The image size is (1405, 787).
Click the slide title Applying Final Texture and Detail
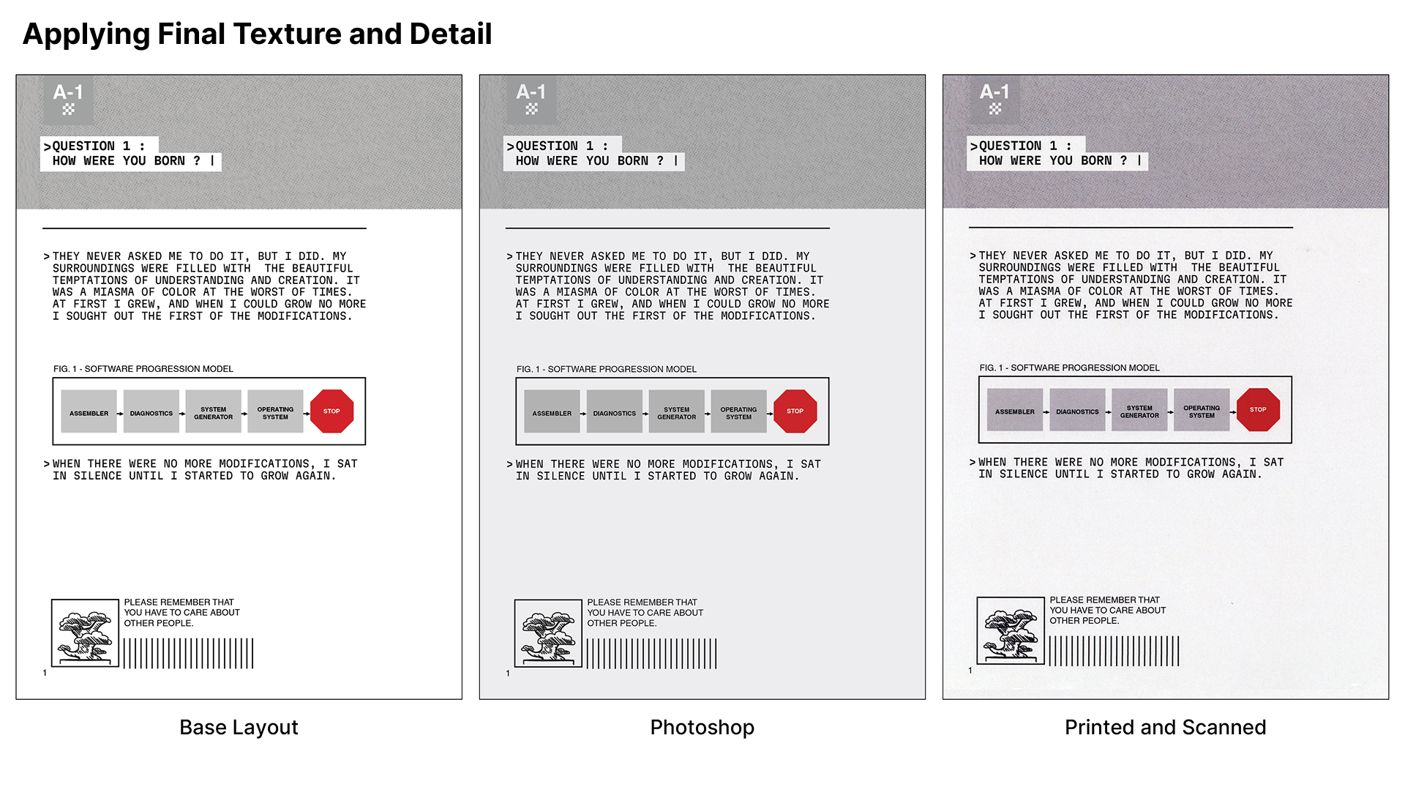(x=257, y=34)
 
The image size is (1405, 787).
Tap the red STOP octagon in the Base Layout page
(x=331, y=411)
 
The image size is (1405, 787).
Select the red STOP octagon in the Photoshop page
(x=795, y=411)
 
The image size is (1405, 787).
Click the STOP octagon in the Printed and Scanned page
(x=1258, y=410)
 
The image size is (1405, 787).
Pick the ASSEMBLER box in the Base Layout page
(x=89, y=411)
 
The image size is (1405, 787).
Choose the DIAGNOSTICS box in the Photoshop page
(x=614, y=411)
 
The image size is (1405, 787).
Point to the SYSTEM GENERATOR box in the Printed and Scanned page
(x=1139, y=410)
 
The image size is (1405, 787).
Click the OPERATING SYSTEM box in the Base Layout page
(x=275, y=411)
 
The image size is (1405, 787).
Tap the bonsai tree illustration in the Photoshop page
(x=548, y=633)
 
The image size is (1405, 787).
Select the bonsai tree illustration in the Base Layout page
(x=85, y=633)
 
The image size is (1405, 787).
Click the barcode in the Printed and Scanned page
(x=1114, y=651)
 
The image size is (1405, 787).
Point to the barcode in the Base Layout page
(x=188, y=653)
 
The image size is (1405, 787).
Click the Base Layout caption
(x=239, y=727)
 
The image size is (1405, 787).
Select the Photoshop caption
(x=702, y=727)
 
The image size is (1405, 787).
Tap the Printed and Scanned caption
(x=1165, y=727)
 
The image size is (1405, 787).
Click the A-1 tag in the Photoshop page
(x=531, y=99)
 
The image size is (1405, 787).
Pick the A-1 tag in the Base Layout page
(x=68, y=99)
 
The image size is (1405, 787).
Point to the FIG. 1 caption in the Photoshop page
(x=607, y=369)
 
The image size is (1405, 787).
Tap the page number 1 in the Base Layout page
(x=45, y=673)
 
